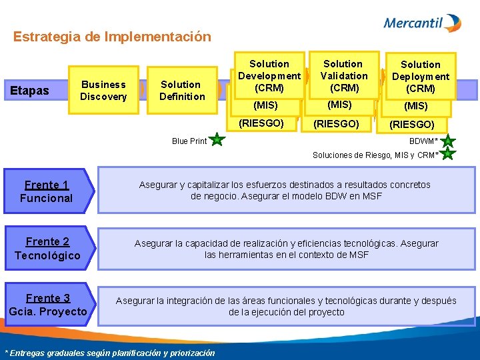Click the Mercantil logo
(x=422, y=23)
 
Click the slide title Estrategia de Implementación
(x=112, y=37)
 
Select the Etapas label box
(x=29, y=91)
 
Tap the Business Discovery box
(x=103, y=91)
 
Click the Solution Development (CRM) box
(x=269, y=75)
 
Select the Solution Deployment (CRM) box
(x=420, y=76)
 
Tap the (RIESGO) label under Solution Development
(x=262, y=123)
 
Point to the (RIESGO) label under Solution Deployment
(x=411, y=124)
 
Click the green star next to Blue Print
(x=217, y=140)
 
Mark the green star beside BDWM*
(x=448, y=141)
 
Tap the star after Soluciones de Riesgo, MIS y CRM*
(x=448, y=154)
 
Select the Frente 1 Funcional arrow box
(x=48, y=191)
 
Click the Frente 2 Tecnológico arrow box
(x=48, y=249)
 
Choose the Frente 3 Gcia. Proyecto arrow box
(x=48, y=305)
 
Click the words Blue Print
(x=189, y=141)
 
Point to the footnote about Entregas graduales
(x=110, y=353)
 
